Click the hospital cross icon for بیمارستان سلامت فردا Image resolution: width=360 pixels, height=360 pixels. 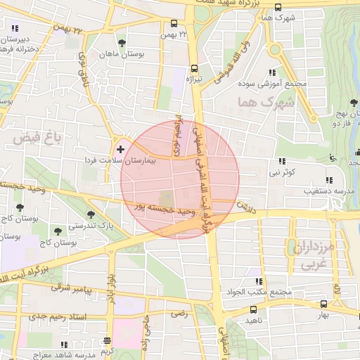coord(121,149)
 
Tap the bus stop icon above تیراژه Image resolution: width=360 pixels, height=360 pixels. coord(193,69)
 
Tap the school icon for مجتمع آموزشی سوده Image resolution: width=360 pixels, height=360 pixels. coord(271,72)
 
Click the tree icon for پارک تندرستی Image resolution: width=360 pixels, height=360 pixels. coord(90,214)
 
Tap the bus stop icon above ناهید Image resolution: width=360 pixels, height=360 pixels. coord(253,309)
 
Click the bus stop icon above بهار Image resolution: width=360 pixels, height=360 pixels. coord(323,304)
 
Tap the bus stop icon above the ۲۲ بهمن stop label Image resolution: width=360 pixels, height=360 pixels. coord(174,22)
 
